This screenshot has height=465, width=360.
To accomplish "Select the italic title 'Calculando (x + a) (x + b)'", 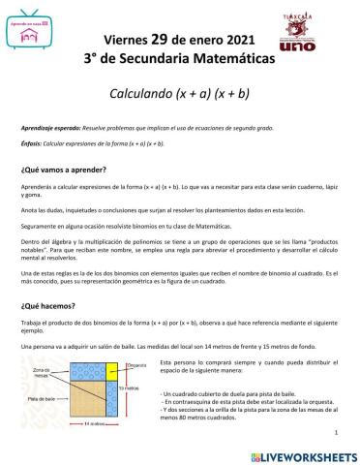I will [180, 98].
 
